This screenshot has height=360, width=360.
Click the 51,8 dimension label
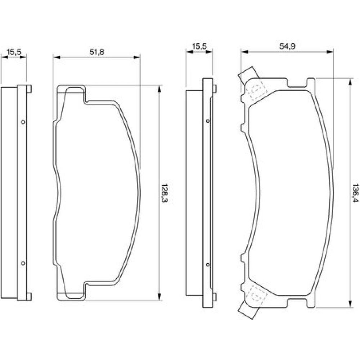[96, 52]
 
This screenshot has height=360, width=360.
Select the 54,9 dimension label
[287, 46]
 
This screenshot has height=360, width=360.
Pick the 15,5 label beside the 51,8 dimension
[14, 52]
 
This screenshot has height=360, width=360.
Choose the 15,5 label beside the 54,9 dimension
[199, 46]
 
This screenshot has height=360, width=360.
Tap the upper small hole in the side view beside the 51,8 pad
[23, 122]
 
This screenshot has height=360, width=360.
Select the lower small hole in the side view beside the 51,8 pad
[23, 263]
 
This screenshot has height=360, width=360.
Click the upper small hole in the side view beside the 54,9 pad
[208, 121]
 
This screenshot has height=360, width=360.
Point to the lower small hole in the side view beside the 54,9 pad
[208, 265]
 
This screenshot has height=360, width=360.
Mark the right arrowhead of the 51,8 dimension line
[137, 57]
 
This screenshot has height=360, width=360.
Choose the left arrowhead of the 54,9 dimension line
[244, 52]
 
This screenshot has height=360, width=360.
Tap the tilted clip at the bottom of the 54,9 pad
[248, 310]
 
